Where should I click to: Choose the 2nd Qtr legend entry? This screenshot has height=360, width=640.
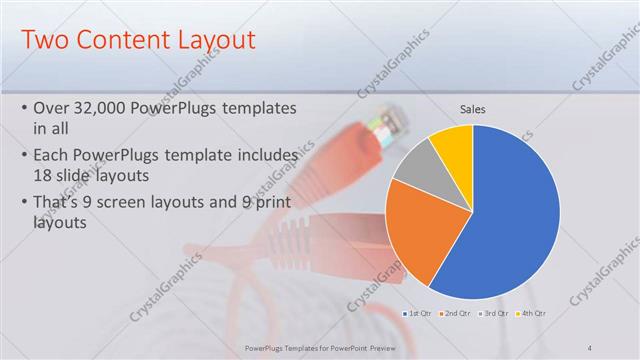[x=456, y=314]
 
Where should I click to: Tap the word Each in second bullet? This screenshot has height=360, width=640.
[x=52, y=156]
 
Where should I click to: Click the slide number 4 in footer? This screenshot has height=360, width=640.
[x=590, y=347]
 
